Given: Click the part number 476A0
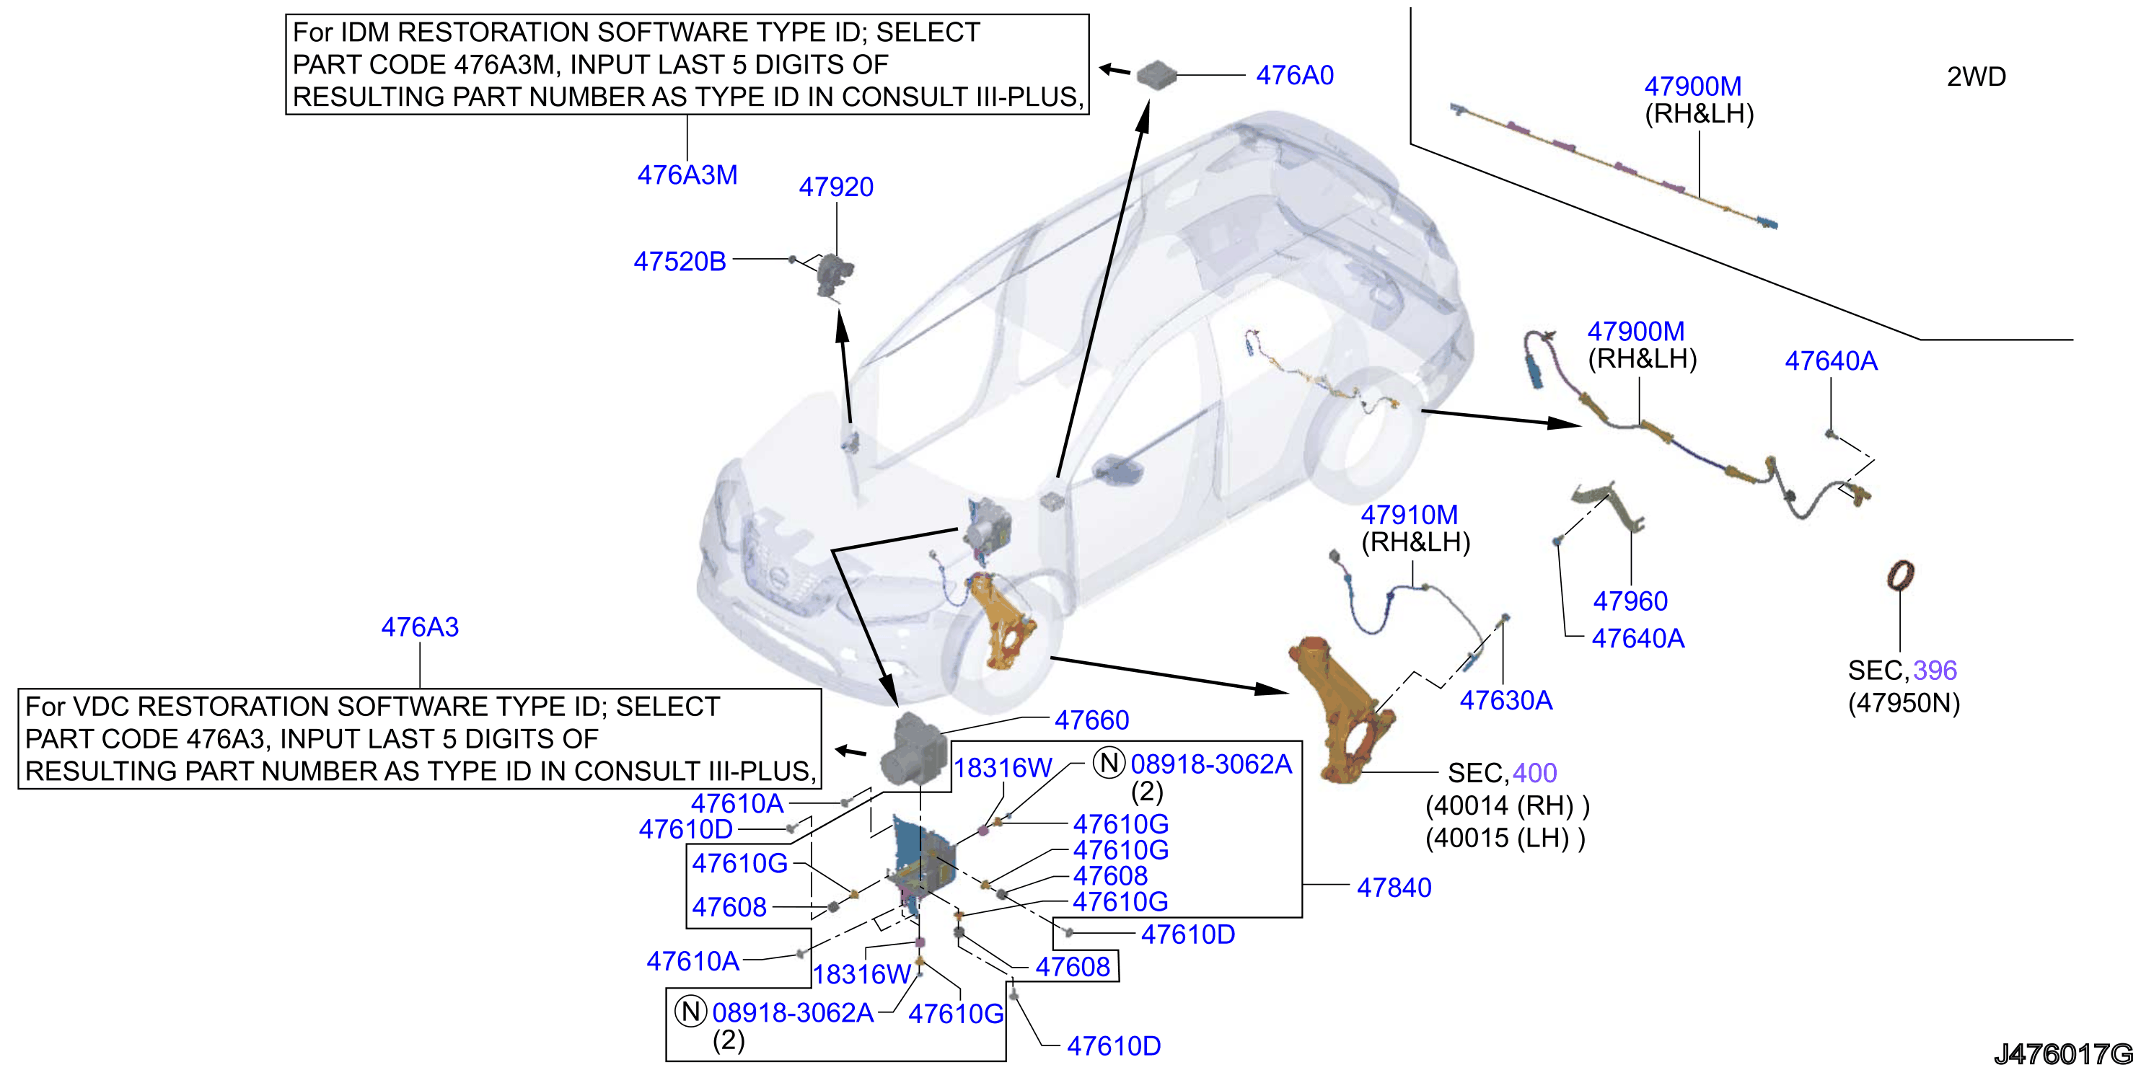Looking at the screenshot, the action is [1294, 76].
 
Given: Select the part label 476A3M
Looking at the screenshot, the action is [687, 175].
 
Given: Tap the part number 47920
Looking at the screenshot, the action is [836, 187].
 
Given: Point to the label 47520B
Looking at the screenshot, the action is [680, 262].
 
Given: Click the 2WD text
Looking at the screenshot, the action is [1977, 76].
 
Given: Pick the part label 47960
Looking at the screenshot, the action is [1630, 601].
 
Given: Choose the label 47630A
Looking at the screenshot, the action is [1506, 700].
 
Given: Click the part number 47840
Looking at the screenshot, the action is [1394, 888].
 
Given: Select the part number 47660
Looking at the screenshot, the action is [1091, 720].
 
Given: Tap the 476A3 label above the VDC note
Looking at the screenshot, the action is [420, 627].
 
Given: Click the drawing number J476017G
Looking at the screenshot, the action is [2064, 1053].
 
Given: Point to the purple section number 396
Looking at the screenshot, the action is [1935, 670].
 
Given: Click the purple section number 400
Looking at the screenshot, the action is [1534, 773].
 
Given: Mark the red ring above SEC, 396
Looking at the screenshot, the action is [1901, 575].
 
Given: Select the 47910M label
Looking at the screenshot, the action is [1409, 514].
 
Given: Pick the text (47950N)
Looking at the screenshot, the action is [1903, 704].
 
